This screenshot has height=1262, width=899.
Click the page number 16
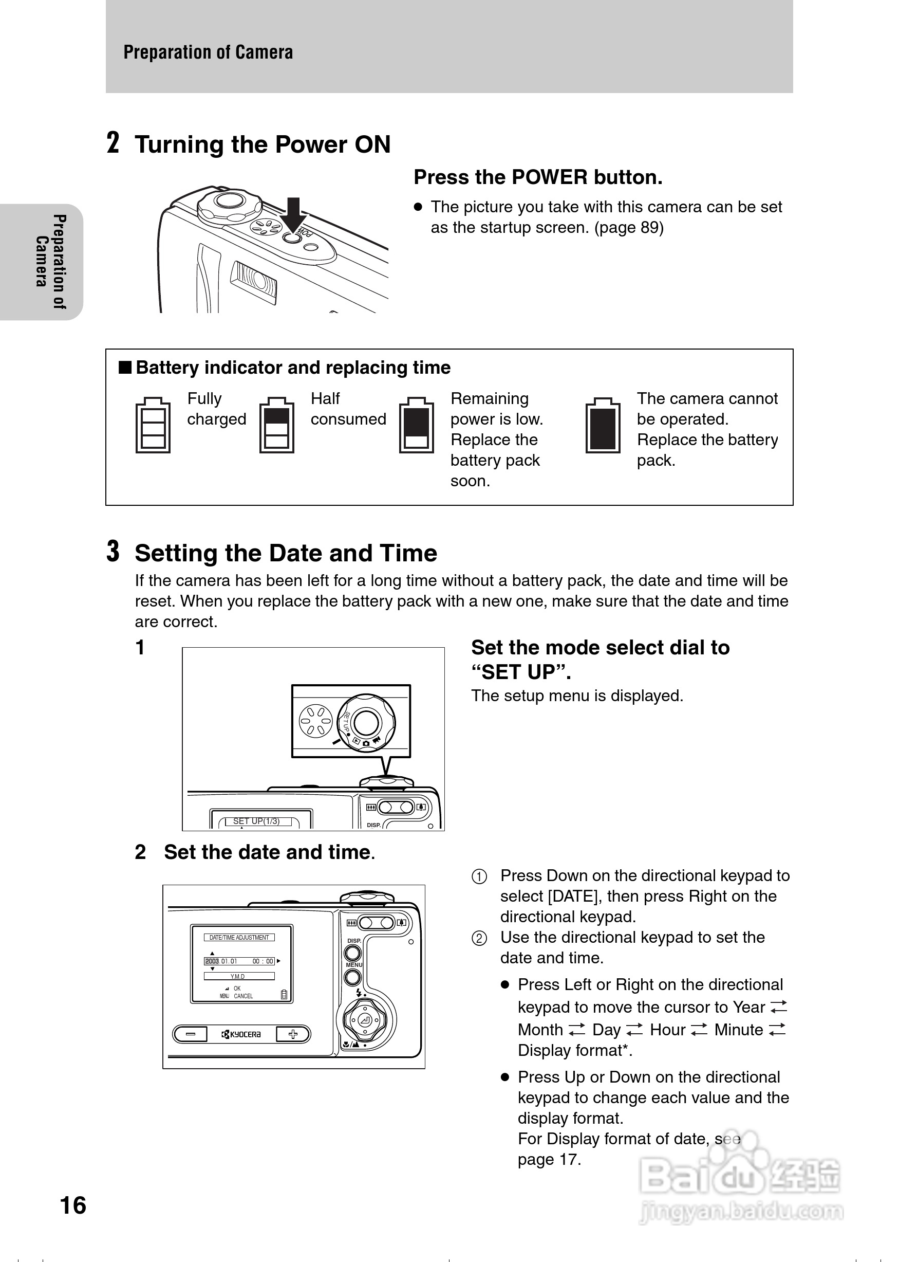[73, 1205]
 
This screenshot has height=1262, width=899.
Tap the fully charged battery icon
[153, 425]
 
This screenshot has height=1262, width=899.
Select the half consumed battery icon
[277, 425]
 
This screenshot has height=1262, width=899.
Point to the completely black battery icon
[603, 425]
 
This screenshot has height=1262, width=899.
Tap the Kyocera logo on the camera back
[241, 1034]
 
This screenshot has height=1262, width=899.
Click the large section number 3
[113, 551]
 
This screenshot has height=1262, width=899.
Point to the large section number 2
[113, 143]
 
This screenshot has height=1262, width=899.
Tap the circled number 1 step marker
[479, 877]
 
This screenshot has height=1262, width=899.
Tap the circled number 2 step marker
[479, 939]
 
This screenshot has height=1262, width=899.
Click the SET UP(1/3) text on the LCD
[256, 821]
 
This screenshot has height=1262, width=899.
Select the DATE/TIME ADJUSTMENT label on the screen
[239, 937]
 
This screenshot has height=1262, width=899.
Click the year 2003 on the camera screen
[212, 961]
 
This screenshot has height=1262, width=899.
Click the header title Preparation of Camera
[208, 52]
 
